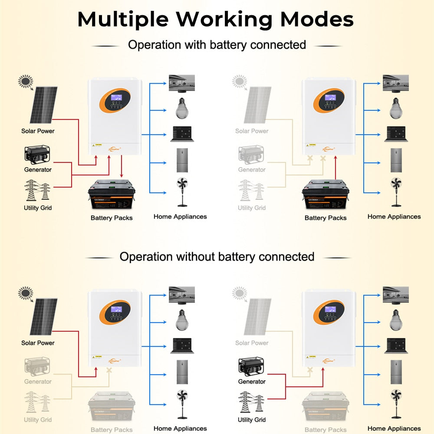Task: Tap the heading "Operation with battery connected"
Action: pyautogui.click(x=217, y=45)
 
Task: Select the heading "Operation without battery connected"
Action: pyautogui.click(x=217, y=256)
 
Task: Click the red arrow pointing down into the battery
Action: pyautogui.click(x=122, y=165)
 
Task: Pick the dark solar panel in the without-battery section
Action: pyautogui.click(x=43, y=317)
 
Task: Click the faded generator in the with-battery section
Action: pyautogui.click(x=251, y=155)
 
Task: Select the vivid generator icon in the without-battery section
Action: pyautogui.click(x=251, y=367)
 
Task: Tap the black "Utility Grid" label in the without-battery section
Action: pyautogui.click(x=252, y=420)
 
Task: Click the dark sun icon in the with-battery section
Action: pyautogui.click(x=26, y=81)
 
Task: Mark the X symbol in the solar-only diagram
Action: pyautogui.click(x=109, y=371)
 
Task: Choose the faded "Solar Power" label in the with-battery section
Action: pyautogui.click(x=252, y=131)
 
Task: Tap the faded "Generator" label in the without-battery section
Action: pyautogui.click(x=38, y=381)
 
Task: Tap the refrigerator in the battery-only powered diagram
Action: pyautogui.click(x=396, y=160)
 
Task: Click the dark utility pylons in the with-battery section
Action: pyautogui.click(x=38, y=190)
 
